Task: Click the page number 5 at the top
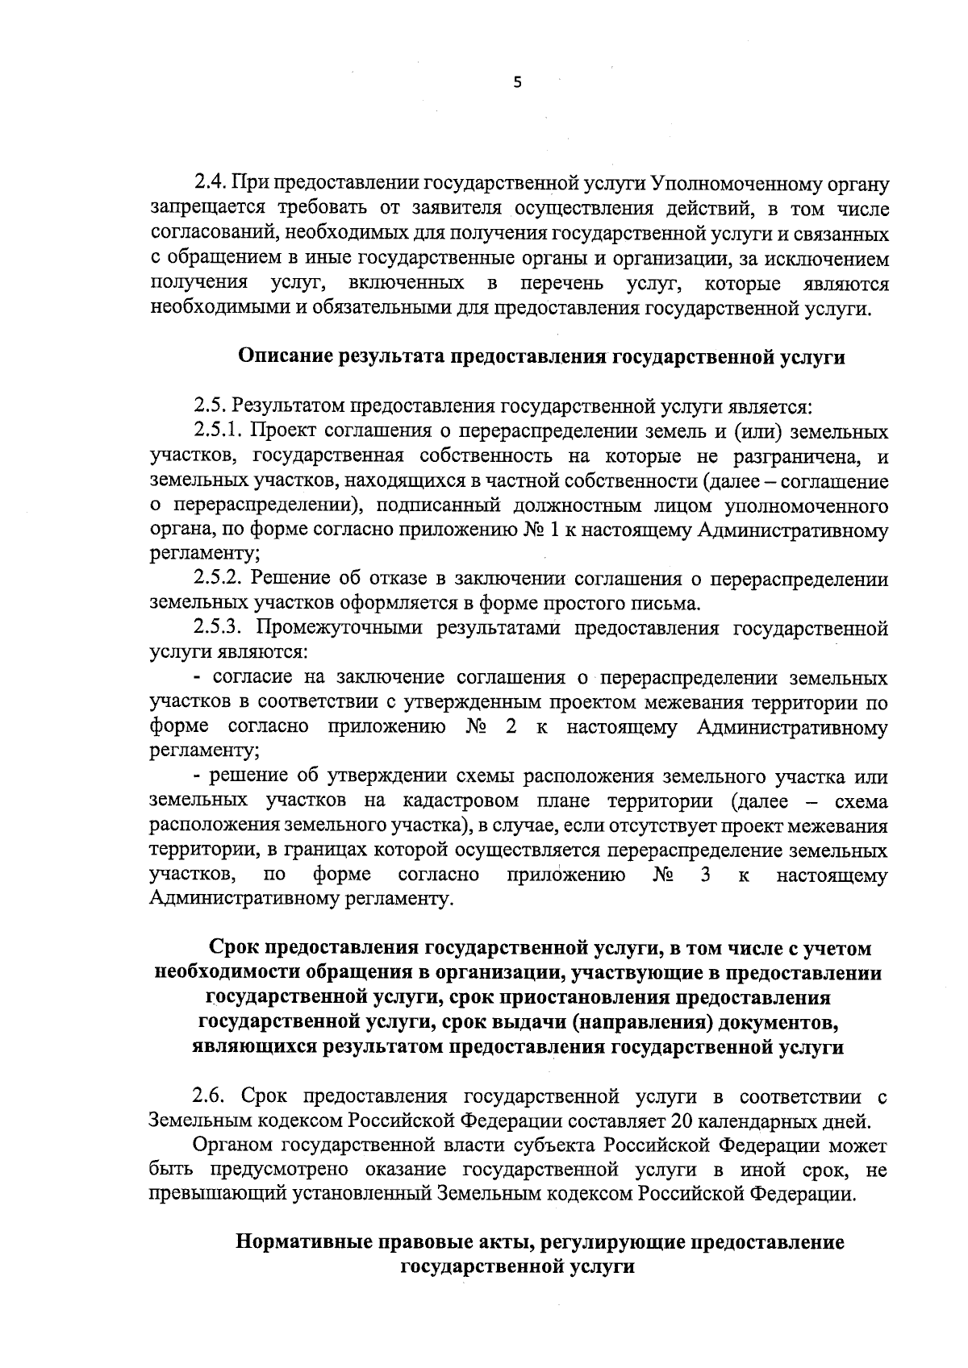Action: (518, 82)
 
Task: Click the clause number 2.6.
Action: (212, 1097)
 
